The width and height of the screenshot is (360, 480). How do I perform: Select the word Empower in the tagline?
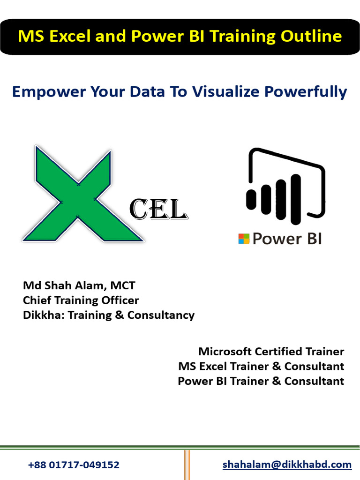pos(44,91)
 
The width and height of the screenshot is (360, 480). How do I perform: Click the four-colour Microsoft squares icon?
pos(244,239)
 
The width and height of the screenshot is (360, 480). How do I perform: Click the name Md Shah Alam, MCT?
pos(79,285)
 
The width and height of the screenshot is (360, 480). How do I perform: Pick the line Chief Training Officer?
pos(81,300)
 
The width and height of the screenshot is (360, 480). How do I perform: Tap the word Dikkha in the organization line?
pos(43,315)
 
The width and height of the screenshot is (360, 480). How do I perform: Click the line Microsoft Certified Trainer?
pos(271,351)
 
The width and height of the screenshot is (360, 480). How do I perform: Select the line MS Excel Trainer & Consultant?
pos(261,366)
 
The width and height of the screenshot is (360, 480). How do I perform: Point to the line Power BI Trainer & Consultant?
pos(261,381)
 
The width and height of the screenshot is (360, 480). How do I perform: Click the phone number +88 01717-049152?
pos(74,465)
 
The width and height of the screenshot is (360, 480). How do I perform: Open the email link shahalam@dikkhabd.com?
pos(287,465)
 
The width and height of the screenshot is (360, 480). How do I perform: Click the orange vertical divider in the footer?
pos(187,464)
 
